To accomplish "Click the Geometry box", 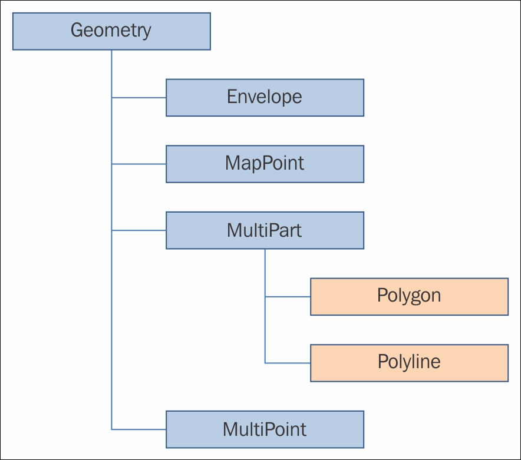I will click(111, 31).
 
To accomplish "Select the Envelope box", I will click(265, 97).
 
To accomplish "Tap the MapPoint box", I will click(265, 164).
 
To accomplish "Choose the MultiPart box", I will click(265, 230).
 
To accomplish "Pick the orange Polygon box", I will click(409, 296).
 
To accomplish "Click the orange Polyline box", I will click(409, 363).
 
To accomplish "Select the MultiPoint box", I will click(265, 429).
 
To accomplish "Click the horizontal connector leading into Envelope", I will click(139, 97).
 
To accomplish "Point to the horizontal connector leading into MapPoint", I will click(139, 164).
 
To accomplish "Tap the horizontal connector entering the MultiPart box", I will click(139, 230).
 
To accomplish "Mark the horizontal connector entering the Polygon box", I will click(288, 297).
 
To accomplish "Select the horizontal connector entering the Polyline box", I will click(288, 363).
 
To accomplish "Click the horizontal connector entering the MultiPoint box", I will click(139, 429).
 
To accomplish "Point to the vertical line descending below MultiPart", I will click(265, 271).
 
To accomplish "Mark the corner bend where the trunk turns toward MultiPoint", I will click(112, 429).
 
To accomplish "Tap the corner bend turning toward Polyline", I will click(265, 363).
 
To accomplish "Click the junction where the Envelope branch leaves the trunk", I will click(112, 97).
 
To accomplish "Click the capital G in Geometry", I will click(77, 31).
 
